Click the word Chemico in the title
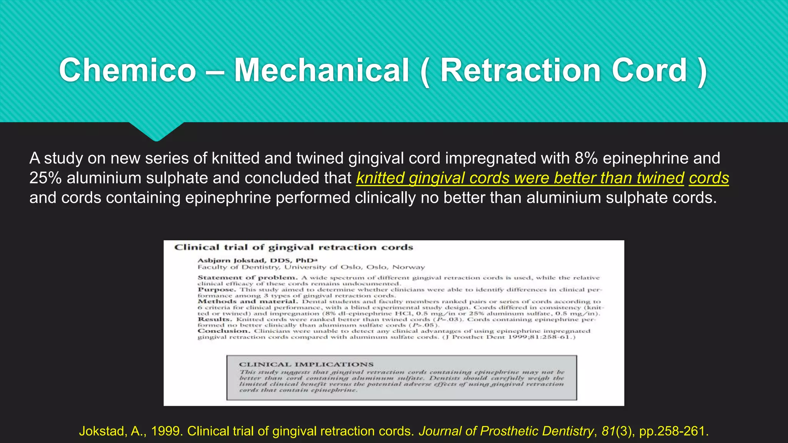click(x=128, y=70)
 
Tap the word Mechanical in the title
click(x=322, y=70)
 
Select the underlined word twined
click(x=660, y=178)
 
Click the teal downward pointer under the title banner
click(x=156, y=132)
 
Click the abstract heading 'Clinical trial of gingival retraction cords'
click(x=294, y=247)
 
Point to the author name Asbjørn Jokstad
click(x=231, y=260)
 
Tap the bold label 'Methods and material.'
click(x=248, y=301)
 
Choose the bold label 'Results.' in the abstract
click(x=215, y=319)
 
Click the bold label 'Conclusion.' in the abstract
click(x=224, y=331)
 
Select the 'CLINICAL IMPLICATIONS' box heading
click(x=306, y=364)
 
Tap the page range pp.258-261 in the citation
click(x=673, y=431)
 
